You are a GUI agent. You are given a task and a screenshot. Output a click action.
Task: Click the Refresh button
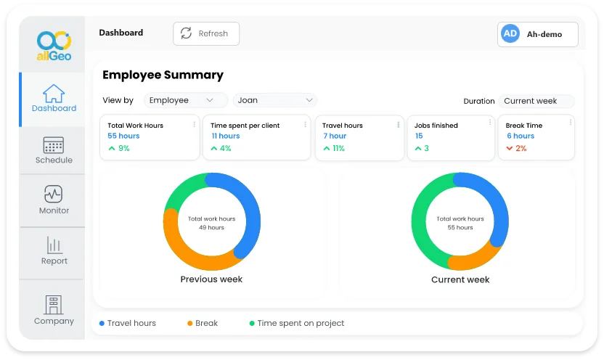[x=205, y=33]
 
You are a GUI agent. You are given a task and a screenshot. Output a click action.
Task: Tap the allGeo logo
[x=54, y=46]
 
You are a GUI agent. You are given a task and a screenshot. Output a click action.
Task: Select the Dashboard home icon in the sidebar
[x=54, y=94]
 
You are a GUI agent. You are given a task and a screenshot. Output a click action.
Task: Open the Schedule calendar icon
[x=54, y=144]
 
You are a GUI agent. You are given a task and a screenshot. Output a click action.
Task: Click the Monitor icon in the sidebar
[x=54, y=194]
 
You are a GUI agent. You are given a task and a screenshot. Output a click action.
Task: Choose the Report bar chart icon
[x=54, y=245]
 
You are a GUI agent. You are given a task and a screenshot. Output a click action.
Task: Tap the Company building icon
[x=54, y=304]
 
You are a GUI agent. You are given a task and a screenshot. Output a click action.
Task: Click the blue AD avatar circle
[x=510, y=34]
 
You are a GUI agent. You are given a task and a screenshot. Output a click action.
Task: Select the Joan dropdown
[x=274, y=100]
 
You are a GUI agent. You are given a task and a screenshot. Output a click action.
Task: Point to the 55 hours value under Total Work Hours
[x=123, y=136]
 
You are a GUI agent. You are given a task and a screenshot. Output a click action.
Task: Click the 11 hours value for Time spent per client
[x=226, y=136]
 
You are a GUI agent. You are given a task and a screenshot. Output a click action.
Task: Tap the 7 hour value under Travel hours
[x=335, y=136]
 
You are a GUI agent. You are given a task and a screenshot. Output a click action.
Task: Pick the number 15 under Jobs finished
[x=419, y=136]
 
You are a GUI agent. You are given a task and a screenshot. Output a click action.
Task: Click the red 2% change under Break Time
[x=521, y=148]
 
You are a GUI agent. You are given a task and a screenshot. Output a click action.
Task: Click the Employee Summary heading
[x=163, y=75]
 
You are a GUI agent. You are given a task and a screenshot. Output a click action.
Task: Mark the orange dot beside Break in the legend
[x=190, y=323]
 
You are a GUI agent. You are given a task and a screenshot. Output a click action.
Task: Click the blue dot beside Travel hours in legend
[x=102, y=323]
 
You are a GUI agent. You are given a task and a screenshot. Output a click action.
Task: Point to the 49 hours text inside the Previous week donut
[x=211, y=227]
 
